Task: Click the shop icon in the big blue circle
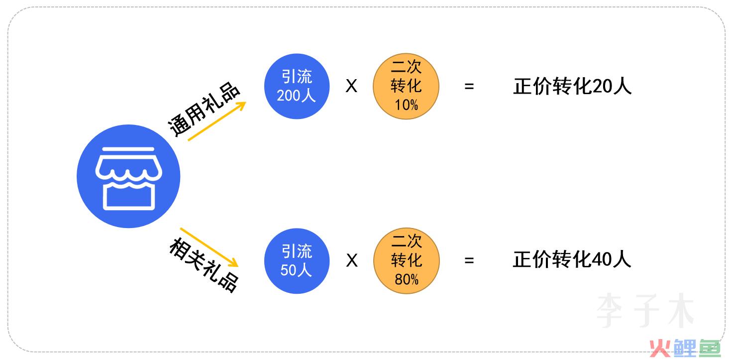click(x=128, y=179)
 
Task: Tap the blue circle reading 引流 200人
click(x=297, y=86)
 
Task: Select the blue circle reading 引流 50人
click(x=297, y=261)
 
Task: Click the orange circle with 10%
click(x=406, y=86)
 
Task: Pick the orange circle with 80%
click(x=407, y=261)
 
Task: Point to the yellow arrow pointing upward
click(x=217, y=121)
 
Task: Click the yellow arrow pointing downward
click(x=209, y=247)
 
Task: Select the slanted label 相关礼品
click(x=204, y=265)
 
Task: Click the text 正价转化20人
click(x=572, y=86)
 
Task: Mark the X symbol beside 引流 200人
click(x=351, y=86)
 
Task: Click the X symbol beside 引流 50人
click(x=352, y=261)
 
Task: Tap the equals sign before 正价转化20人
click(x=469, y=87)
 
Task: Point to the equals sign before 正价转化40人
click(x=469, y=261)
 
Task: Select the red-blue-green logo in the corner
click(x=685, y=349)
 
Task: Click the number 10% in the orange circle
click(x=407, y=105)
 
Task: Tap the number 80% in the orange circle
click(x=407, y=280)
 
